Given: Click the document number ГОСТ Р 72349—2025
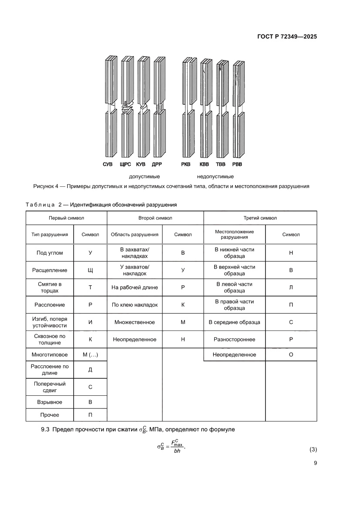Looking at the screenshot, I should tap(284, 37).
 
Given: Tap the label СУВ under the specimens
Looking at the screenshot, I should tap(108, 164).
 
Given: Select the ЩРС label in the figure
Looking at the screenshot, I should tap(124, 164).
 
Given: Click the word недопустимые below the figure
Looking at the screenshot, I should tap(215, 176).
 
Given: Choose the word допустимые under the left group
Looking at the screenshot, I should tap(144, 176).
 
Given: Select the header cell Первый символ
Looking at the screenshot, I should tap(66, 218).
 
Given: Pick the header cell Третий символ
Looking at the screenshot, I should tap(260, 218).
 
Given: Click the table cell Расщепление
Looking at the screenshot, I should tap(50, 270).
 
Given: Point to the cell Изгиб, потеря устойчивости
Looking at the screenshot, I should tap(50, 322).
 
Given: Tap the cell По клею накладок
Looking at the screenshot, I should tap(135, 305).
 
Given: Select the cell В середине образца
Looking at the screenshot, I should tap(234, 322).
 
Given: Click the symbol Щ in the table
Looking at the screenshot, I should tap(90, 270).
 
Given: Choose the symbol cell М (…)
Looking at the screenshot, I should tap(90, 355).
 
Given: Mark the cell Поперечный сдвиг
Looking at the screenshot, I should tap(50, 387).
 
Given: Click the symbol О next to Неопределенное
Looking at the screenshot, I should tap(291, 355).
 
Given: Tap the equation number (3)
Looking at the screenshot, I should tap(313, 449).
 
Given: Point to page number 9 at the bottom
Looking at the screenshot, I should tap(315, 463).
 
